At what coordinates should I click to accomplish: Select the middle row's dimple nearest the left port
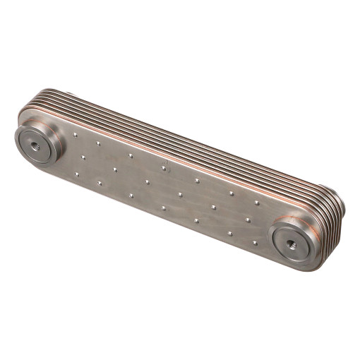click(83, 157)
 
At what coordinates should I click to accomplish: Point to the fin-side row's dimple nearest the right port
click(256, 203)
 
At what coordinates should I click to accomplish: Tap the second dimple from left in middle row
click(114, 169)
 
